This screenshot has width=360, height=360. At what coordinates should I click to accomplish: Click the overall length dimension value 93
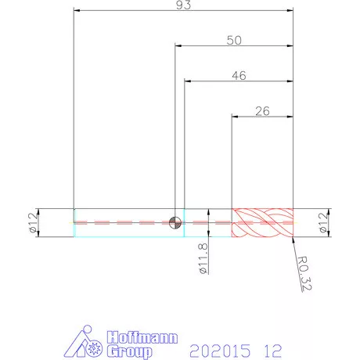pyautogui.click(x=183, y=5)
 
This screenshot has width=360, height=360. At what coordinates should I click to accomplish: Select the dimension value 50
pyautogui.click(x=234, y=41)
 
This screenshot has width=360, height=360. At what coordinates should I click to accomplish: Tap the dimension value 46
pyautogui.click(x=239, y=76)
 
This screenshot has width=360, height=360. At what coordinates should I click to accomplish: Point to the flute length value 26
pyautogui.click(x=262, y=111)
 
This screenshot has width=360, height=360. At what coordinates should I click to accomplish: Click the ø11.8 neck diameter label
pyautogui.click(x=203, y=258)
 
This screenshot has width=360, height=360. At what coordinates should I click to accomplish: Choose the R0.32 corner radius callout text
pyautogui.click(x=304, y=273)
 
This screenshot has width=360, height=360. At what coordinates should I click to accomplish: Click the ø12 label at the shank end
pyautogui.click(x=33, y=222)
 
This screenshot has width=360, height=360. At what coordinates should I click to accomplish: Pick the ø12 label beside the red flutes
pyautogui.click(x=323, y=222)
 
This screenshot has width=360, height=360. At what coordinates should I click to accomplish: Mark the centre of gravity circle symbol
pyautogui.click(x=175, y=223)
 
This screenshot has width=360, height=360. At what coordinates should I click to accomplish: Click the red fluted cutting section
pyautogui.click(x=262, y=223)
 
